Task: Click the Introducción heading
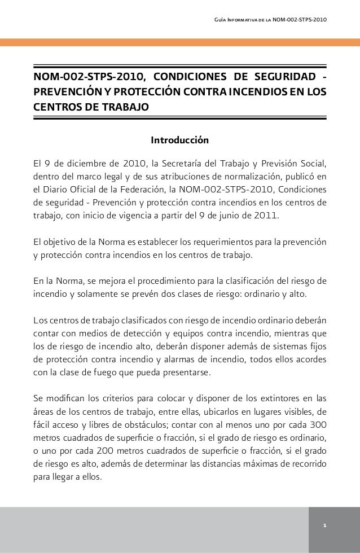pos(179,139)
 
